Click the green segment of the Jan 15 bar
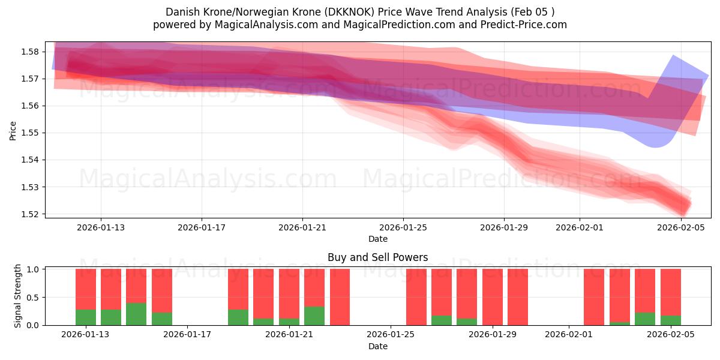pos(136,314)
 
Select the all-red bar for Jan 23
pos(340,297)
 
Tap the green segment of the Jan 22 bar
pos(314,316)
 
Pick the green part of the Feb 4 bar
pos(645,319)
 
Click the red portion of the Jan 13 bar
pos(86,289)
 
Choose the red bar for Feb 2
pos(594,297)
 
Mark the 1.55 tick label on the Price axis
pos(31,133)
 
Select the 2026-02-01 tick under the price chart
pos(579,227)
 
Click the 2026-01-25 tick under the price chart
pos(403,227)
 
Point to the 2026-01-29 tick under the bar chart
pos(492,335)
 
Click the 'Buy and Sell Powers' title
pos(377,257)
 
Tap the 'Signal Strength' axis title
pos(18,296)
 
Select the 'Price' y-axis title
pos(13,130)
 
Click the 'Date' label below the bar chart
pos(377,346)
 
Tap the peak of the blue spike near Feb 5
pos(673,55)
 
